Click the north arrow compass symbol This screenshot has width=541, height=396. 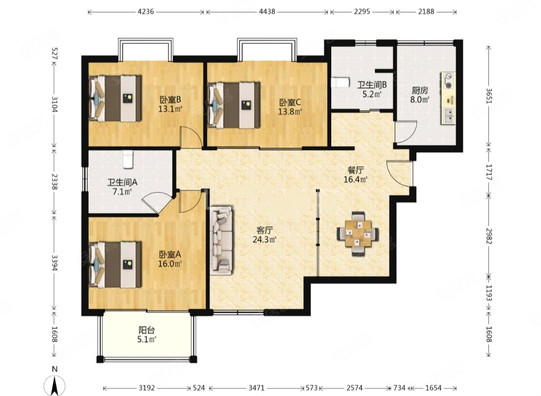click(54, 384)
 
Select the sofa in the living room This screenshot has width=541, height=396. click(221, 240)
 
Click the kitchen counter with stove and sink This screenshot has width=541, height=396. click(448, 98)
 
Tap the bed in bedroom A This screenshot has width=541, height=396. click(115, 265)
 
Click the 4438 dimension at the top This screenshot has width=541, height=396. click(267, 12)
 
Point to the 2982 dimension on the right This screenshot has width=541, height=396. click(489, 236)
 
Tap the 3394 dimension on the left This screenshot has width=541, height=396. click(54, 263)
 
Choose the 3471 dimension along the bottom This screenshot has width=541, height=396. click(256, 388)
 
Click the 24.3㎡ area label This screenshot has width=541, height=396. click(265, 239)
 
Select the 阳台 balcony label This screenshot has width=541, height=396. click(147, 330)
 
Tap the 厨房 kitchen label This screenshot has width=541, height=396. click(420, 91)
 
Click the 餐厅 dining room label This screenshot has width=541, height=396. click(355, 170)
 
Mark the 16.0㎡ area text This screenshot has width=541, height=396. click(170, 264)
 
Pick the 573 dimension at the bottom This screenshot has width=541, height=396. click(312, 388)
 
